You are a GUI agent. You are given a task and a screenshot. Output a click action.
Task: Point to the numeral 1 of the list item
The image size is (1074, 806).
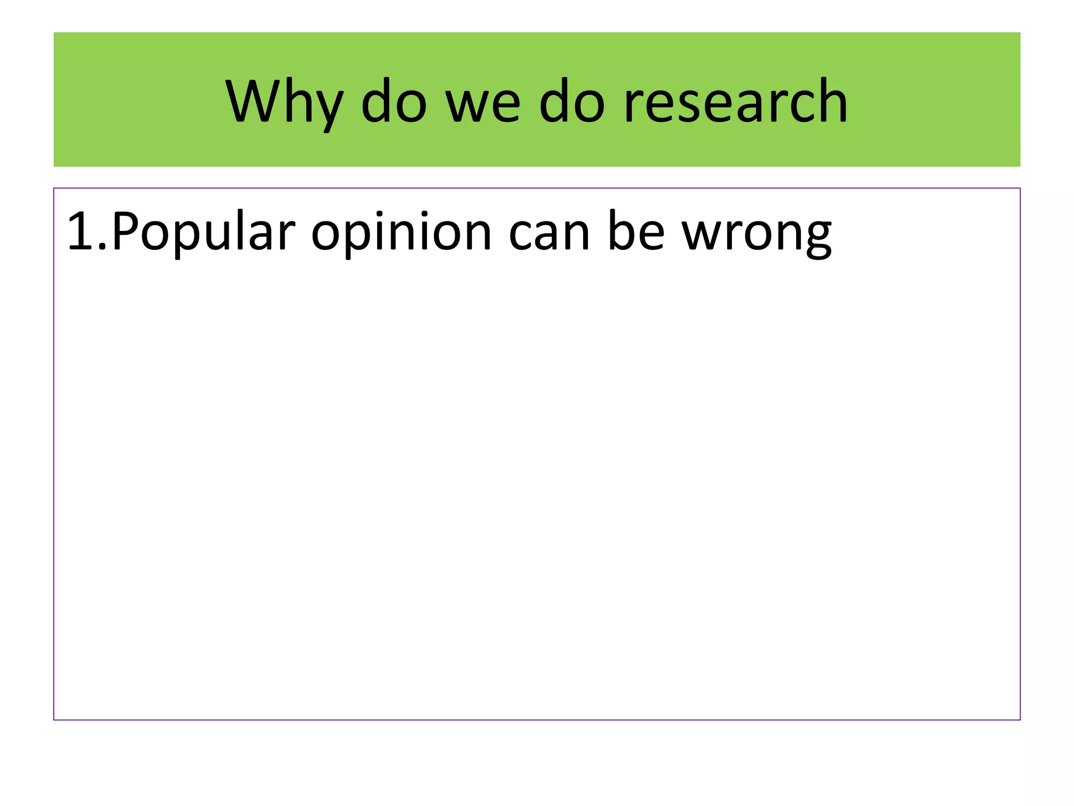80,231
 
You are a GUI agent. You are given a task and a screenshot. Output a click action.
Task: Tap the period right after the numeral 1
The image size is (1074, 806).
102,247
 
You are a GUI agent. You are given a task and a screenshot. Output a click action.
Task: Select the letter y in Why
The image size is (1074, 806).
328,108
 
